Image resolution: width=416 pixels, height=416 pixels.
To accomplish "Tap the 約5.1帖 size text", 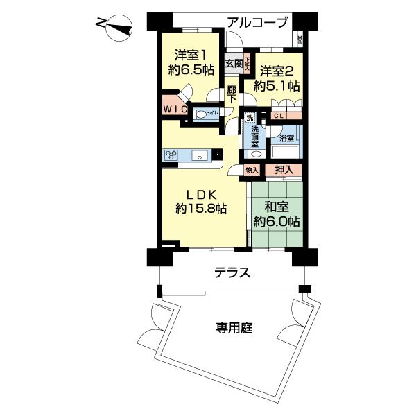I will (277, 86).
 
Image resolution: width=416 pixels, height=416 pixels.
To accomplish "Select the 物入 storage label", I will (252, 170).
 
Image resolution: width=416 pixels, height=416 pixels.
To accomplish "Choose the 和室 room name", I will (275, 207).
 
